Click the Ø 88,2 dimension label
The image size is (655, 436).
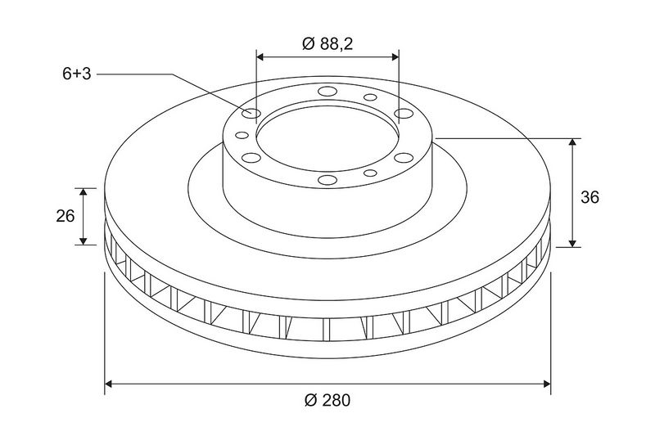click(x=327, y=43)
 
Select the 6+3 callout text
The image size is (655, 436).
click(x=77, y=74)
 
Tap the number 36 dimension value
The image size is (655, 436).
click(x=589, y=197)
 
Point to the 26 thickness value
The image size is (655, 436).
click(x=65, y=216)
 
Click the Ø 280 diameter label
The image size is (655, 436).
click(x=327, y=400)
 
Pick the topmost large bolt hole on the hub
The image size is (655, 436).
click(x=327, y=92)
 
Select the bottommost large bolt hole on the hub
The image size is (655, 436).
click(x=327, y=180)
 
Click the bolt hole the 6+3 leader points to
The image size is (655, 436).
click(x=251, y=113)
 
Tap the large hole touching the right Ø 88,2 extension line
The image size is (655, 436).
click(x=404, y=113)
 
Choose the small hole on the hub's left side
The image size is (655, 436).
click(x=242, y=135)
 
